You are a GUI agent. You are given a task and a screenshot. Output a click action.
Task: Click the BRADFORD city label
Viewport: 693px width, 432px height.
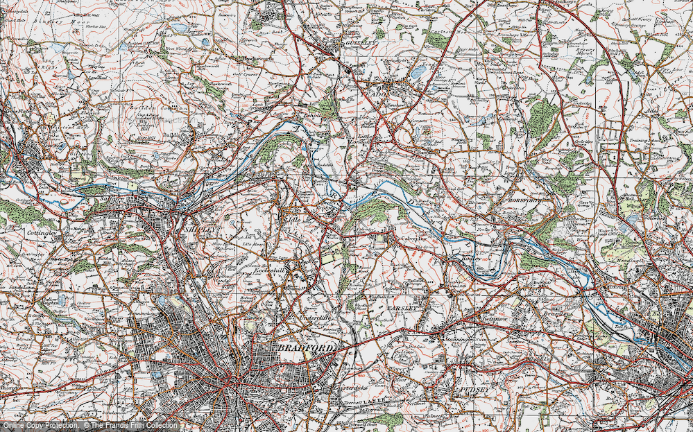pos(307,346)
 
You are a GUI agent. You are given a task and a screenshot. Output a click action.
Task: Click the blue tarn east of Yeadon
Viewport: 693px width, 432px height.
pos(418,72)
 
